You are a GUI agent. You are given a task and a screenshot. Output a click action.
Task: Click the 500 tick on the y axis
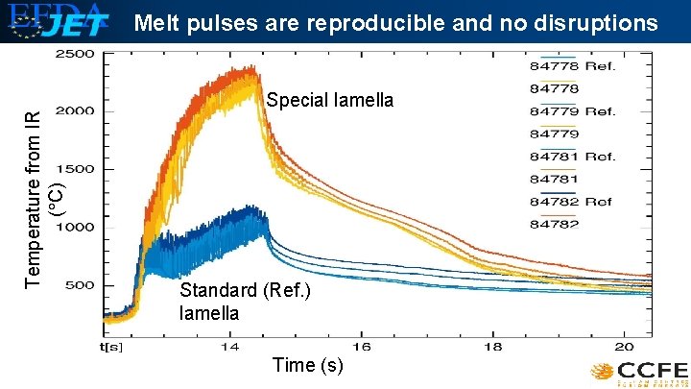click(x=79, y=285)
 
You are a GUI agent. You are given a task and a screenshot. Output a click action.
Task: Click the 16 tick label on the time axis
click(x=361, y=345)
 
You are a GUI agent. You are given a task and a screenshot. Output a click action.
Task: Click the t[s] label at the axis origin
click(x=115, y=345)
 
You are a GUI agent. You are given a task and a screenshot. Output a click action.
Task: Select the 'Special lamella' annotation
click(x=329, y=100)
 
